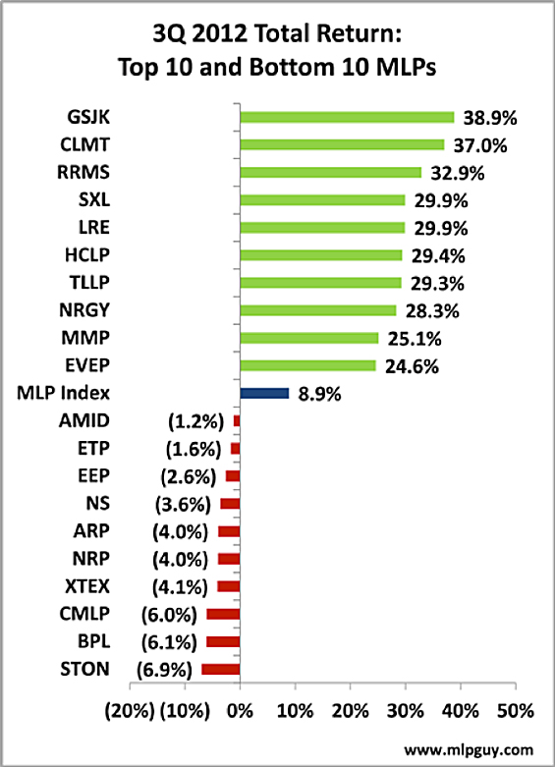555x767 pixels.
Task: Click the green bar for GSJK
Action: coord(347,117)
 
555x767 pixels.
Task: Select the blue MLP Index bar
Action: coord(264,393)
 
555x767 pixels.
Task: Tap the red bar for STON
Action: coord(221,670)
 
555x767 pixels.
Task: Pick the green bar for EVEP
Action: coord(307,365)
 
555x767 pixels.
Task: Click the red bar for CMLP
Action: coord(223,614)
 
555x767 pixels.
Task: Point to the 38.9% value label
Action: coord(490,117)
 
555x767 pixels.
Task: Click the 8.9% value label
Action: coord(320,393)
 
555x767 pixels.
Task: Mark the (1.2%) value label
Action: coord(193,421)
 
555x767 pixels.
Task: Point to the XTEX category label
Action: coord(84,586)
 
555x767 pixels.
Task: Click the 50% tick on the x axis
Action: coord(515,709)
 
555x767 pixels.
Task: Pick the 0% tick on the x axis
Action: coord(241,709)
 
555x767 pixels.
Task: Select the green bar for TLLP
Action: coord(320,283)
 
